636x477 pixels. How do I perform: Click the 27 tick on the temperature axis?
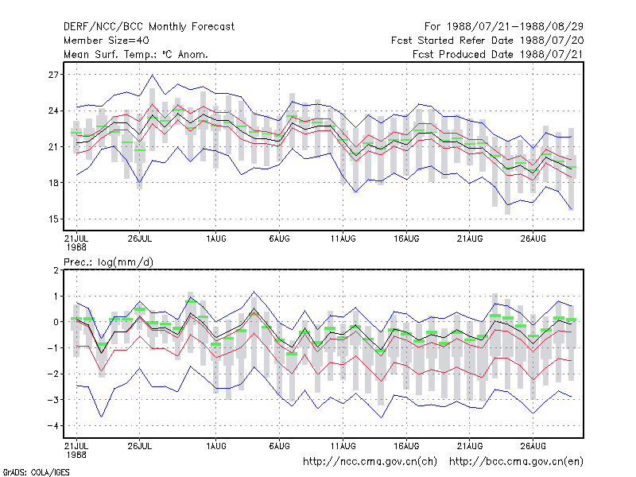click(53, 75)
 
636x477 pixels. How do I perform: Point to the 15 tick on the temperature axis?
click(53, 219)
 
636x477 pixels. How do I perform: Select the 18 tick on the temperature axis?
click(53, 183)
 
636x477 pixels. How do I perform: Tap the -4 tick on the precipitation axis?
click(52, 426)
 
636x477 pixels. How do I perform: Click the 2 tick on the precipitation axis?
click(56, 270)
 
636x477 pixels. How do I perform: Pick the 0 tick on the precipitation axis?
click(56, 322)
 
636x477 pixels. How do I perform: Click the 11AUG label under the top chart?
click(343, 238)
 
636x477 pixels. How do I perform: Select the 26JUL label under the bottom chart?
click(140, 446)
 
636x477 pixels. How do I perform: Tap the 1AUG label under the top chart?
click(215, 238)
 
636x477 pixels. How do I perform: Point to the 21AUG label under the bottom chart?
click(470, 446)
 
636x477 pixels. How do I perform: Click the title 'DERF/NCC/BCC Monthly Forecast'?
click(149, 27)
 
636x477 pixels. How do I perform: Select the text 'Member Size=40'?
click(107, 41)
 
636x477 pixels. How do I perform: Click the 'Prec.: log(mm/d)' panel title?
click(108, 262)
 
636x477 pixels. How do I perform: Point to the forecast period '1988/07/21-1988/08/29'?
click(515, 27)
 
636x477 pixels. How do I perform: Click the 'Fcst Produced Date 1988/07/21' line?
click(498, 54)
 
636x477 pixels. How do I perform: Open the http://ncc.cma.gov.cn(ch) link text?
click(370, 462)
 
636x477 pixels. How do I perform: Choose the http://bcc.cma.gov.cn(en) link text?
click(516, 462)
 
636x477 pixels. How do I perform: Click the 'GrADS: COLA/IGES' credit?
click(36, 472)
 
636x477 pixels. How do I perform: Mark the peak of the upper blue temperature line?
click(152, 75)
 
